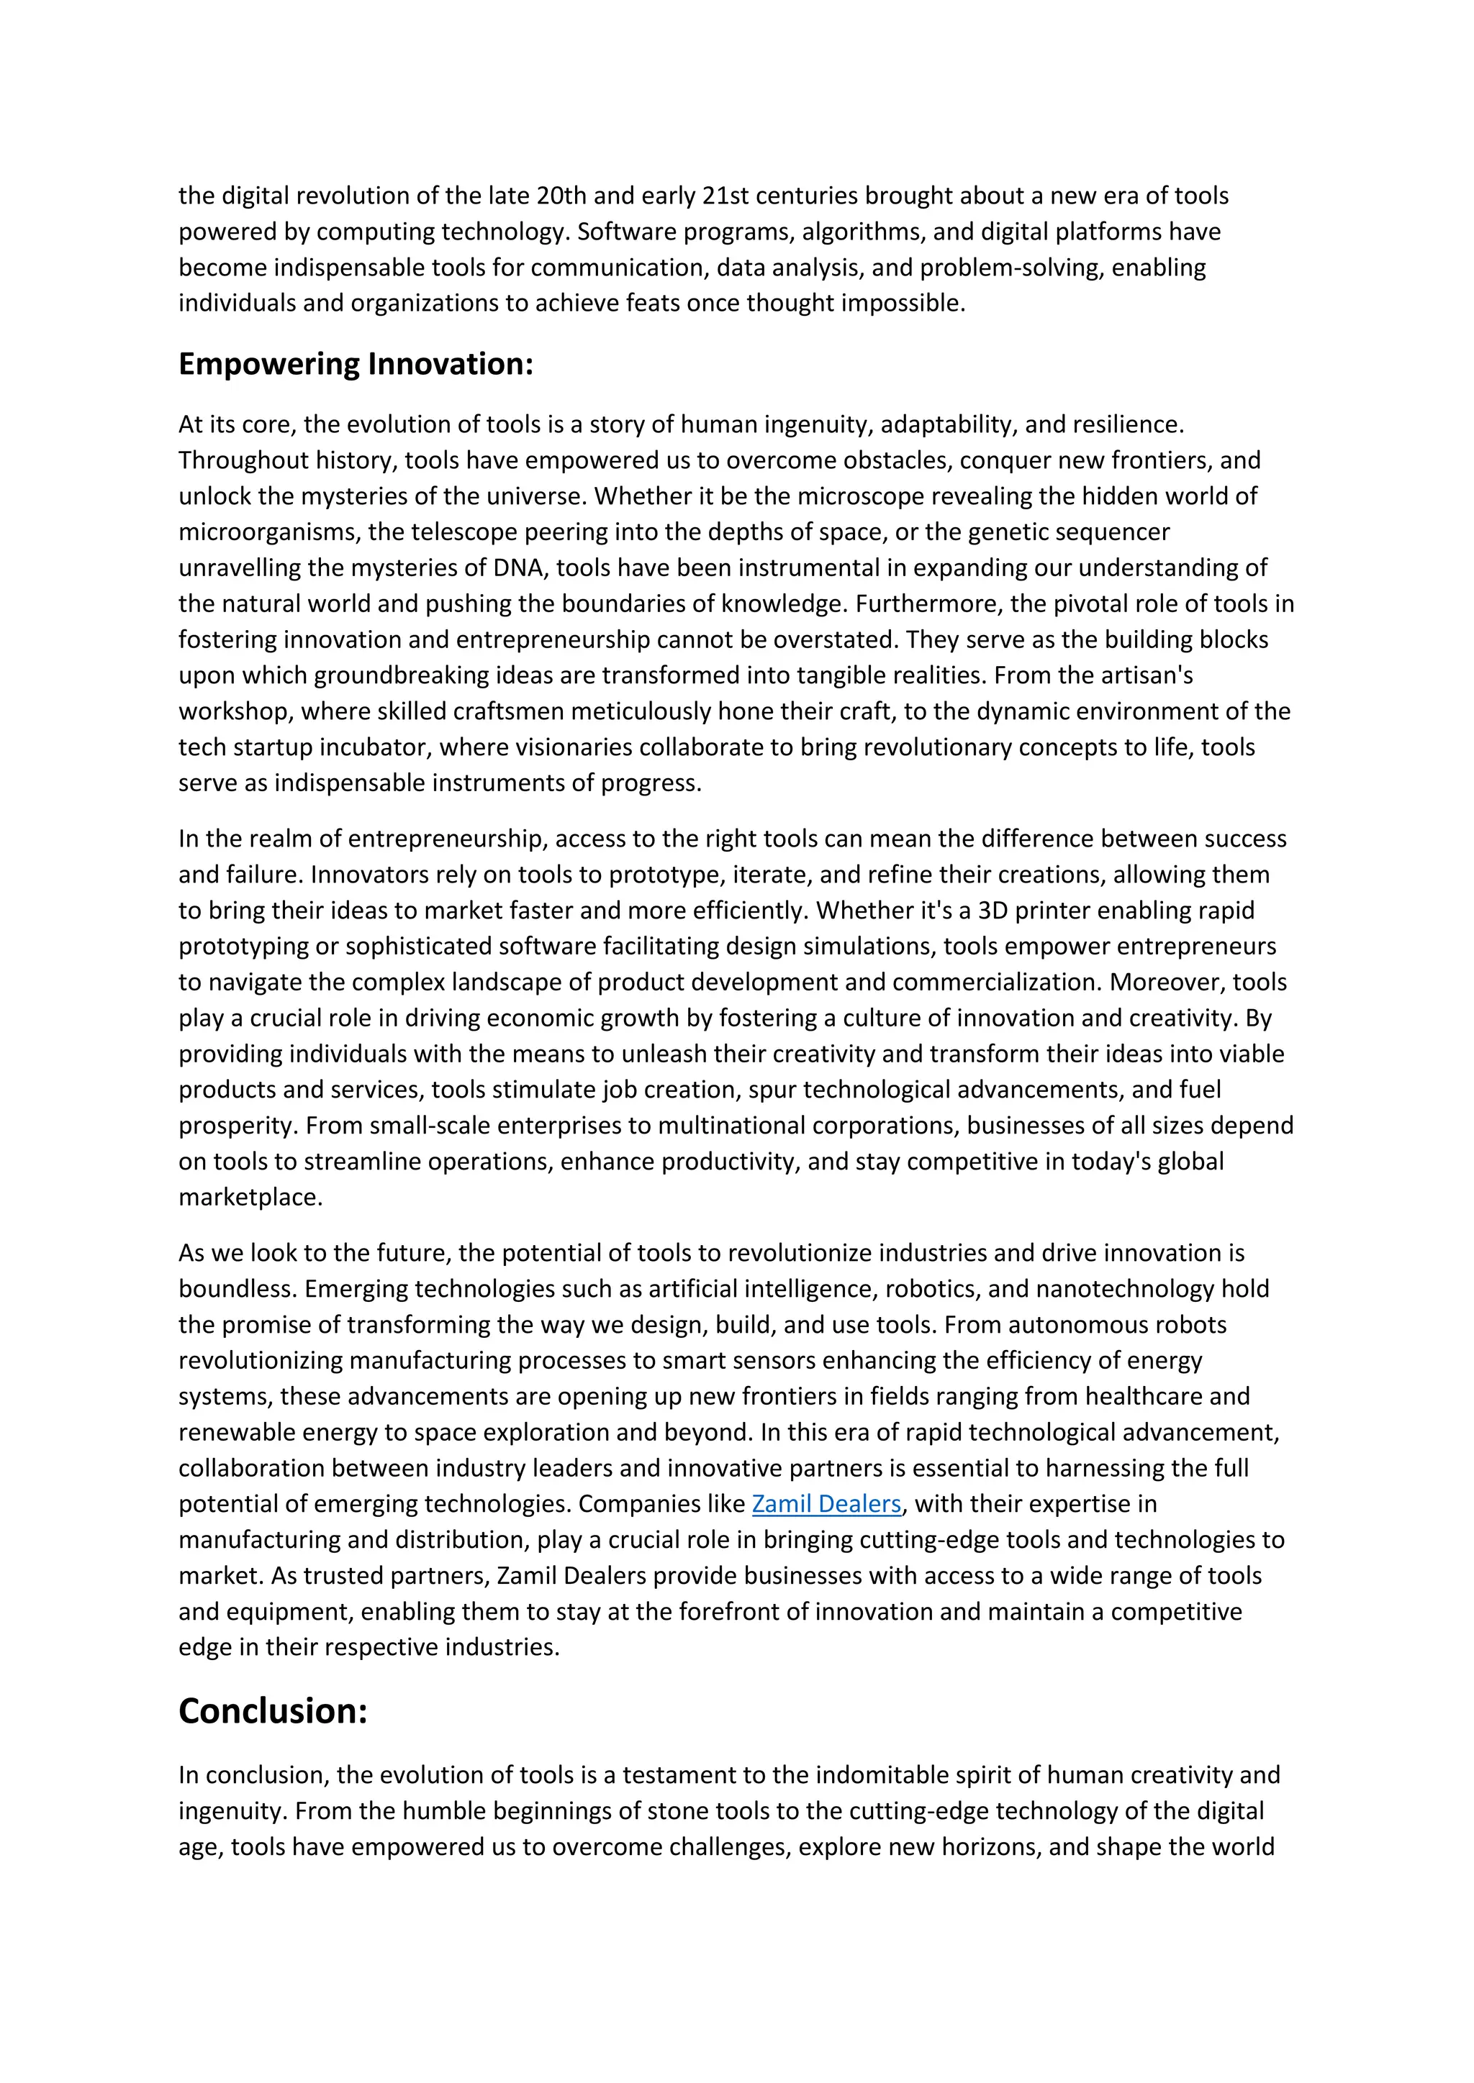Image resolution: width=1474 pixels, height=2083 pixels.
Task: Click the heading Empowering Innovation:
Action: tap(356, 364)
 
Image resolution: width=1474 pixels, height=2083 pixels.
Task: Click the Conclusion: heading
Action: tap(272, 1710)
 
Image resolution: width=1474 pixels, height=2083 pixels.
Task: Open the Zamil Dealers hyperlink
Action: tap(826, 1503)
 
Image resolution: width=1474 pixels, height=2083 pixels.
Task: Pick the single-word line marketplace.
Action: tap(250, 1197)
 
